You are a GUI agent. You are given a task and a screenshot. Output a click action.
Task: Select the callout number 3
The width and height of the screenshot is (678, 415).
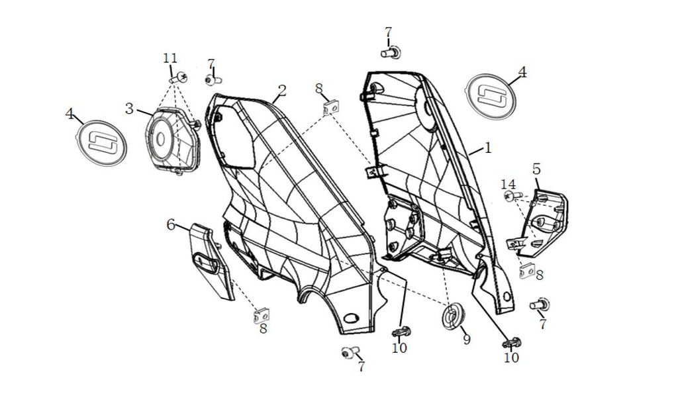coord(130,108)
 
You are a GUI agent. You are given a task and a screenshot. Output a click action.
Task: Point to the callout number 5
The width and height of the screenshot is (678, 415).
coord(536,169)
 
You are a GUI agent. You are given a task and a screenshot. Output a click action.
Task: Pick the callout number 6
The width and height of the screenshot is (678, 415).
coord(171,224)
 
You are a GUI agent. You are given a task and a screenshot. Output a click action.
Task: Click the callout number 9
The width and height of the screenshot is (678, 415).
coord(466,340)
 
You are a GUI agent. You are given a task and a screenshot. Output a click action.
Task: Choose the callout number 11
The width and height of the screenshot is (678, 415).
coord(170,58)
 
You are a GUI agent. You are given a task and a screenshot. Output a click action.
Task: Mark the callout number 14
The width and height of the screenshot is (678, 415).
coord(508,183)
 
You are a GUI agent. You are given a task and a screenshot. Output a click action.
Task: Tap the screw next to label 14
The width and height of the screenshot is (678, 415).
coord(514,197)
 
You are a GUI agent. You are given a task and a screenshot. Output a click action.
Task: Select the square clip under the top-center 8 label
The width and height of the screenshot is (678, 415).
coord(329,107)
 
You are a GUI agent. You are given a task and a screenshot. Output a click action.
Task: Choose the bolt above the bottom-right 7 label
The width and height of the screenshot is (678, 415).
coord(540,305)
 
